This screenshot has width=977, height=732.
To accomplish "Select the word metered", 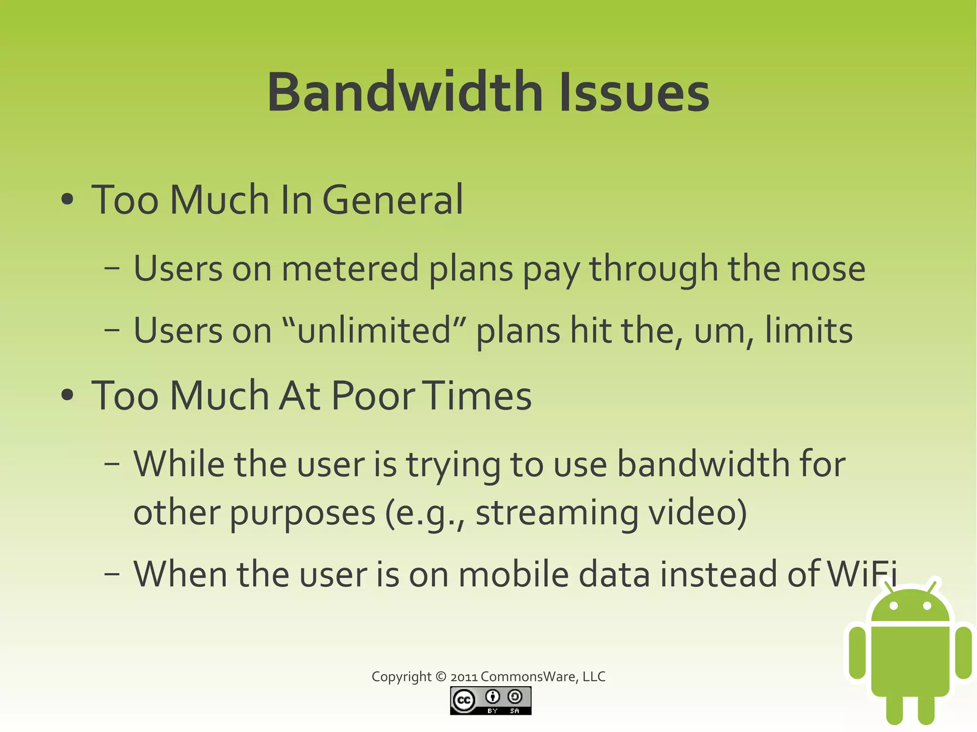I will coord(350,268).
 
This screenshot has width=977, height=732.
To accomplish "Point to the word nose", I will coord(828,268).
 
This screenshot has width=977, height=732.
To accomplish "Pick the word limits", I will coord(809,330).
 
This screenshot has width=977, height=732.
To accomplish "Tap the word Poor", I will coord(373,395).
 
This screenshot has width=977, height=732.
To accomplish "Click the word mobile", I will coord(513,574).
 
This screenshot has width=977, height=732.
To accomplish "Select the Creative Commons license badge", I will coord(490,701).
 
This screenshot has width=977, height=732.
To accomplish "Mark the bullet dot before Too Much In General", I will coord(68,200).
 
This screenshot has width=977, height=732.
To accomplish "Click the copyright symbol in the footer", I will coord(441,677).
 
